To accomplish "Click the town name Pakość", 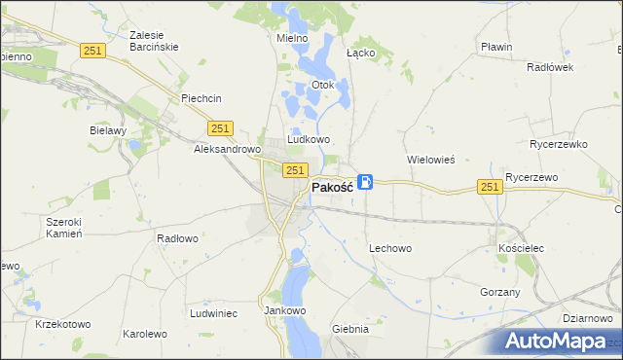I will (x=332, y=187).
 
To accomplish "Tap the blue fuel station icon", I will (x=365, y=182).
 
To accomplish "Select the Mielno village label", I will (x=292, y=38).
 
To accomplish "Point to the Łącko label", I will (x=361, y=53).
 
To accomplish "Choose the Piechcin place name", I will (x=202, y=98).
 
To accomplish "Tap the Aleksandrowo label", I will (x=227, y=150).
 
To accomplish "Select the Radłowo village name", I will (x=177, y=237).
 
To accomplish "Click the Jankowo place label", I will (x=285, y=310).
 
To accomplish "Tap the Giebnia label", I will (x=350, y=329).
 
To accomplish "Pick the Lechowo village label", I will (x=390, y=248).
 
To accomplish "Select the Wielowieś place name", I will (x=430, y=159).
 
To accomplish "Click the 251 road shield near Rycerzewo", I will (x=490, y=186).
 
